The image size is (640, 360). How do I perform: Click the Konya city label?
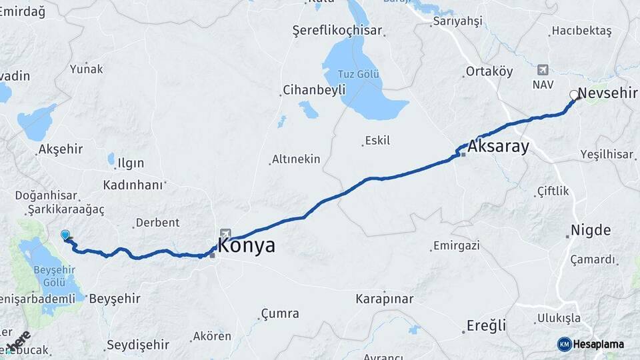point(246,245)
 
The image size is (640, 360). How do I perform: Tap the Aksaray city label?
point(499,147)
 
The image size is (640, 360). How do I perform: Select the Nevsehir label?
point(608,93)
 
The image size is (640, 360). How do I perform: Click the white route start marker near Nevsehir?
point(574,95)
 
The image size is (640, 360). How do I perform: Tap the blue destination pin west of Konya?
point(65,235)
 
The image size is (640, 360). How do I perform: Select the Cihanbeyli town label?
point(314,89)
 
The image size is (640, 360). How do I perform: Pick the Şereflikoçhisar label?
point(337,31)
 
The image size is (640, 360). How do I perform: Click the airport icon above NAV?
point(543,70)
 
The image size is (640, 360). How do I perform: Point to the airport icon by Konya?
point(226,234)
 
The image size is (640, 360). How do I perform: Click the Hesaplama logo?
point(591,344)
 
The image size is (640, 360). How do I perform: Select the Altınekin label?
point(296,159)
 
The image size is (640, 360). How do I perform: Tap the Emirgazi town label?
point(456,246)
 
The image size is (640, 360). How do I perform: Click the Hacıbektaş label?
point(581,31)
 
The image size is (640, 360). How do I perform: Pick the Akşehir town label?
point(61,149)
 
